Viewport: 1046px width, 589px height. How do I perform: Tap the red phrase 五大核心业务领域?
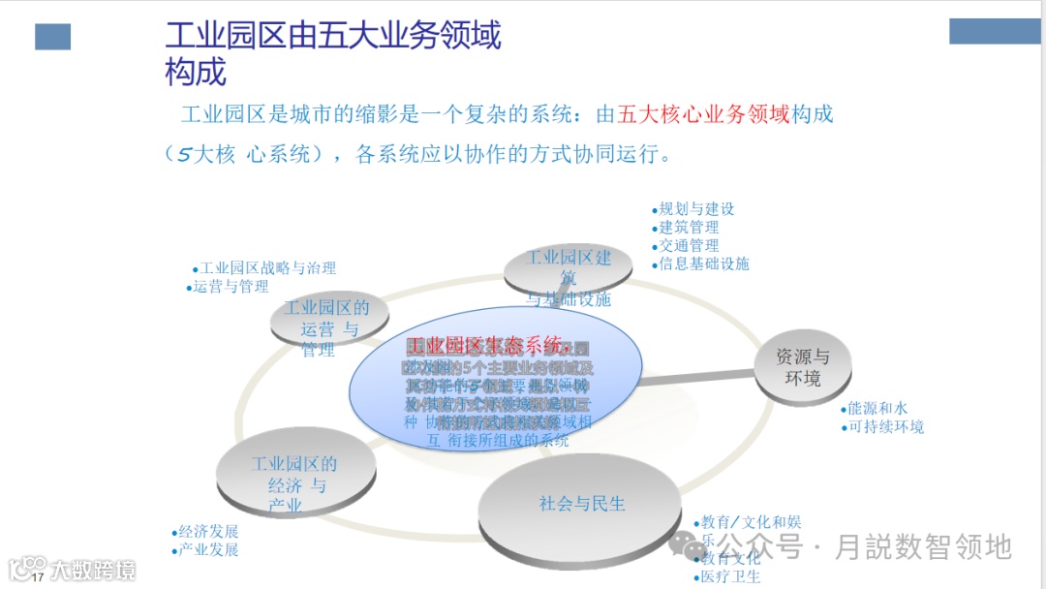[x=704, y=114]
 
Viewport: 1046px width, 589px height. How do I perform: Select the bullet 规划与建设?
[x=696, y=208]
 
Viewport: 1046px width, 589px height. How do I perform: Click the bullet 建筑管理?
[x=689, y=227]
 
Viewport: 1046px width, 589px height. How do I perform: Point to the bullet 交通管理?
[x=689, y=245]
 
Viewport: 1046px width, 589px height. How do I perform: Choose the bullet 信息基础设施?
[x=704, y=263]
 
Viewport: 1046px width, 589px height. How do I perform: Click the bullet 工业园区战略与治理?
[x=267, y=268]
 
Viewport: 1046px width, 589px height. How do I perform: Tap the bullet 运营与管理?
[x=231, y=287]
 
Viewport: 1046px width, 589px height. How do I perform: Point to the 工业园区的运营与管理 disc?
[x=326, y=324]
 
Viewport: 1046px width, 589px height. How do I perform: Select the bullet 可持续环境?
[x=885, y=427]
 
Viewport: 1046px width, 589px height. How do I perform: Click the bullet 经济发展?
[x=207, y=532]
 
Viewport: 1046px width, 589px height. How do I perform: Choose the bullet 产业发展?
[x=207, y=550]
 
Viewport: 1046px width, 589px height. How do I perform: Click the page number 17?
[x=39, y=578]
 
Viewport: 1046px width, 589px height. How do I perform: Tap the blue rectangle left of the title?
[x=53, y=38]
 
